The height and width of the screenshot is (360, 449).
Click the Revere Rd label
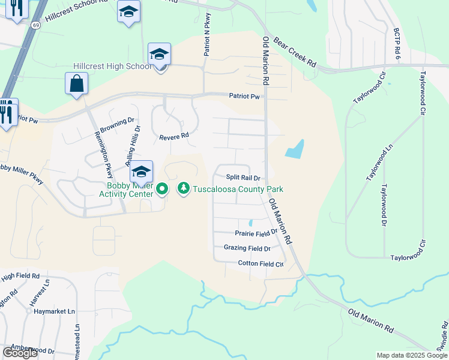tap(174, 137)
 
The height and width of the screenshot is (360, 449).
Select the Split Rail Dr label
tap(243, 178)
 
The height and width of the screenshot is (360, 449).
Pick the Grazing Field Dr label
tap(247, 248)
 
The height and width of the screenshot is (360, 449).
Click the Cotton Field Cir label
tap(261, 263)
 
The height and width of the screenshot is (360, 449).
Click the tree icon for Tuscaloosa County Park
tap(183, 189)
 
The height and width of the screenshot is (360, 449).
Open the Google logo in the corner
tap(20, 352)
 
